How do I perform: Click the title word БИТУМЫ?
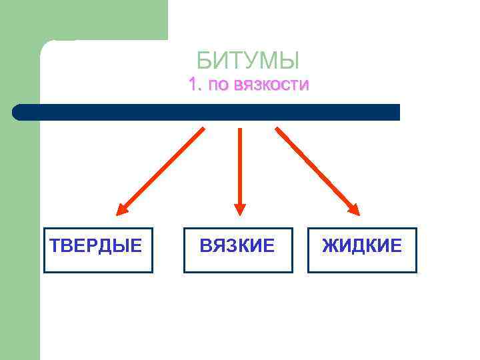pos(248,61)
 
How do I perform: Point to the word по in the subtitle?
pos(217,86)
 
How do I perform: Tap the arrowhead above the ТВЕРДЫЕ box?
pos(122,209)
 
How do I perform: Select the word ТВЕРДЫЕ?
pos(97,246)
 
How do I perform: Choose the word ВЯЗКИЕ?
pos(237,246)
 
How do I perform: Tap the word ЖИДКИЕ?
pos(362,246)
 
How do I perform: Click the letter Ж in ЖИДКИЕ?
pos(329,246)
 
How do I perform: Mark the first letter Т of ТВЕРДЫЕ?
pos(55,246)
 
